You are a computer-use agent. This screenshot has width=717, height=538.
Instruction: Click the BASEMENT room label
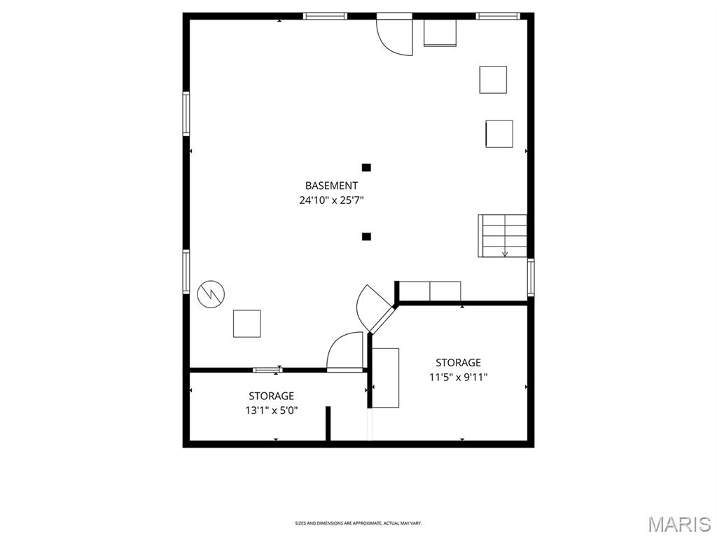pyautogui.click(x=331, y=186)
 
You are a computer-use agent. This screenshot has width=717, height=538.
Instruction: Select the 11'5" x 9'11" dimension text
pyautogui.click(x=458, y=378)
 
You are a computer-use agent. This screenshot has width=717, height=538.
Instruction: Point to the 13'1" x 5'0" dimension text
pyautogui.click(x=272, y=411)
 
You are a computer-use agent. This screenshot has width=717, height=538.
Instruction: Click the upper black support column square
pyautogui.click(x=366, y=167)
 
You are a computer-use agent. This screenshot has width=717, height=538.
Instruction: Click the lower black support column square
pyautogui.click(x=366, y=237)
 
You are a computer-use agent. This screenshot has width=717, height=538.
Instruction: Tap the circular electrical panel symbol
pyautogui.click(x=211, y=294)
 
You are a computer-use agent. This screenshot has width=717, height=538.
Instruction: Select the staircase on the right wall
pyautogui.click(x=503, y=235)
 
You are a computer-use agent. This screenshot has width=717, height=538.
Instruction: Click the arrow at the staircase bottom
pyautogui.click(x=505, y=252)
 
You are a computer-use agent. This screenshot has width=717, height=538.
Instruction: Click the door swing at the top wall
pyautogui.click(x=394, y=36)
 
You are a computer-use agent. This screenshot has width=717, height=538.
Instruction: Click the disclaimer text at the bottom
pyautogui.click(x=358, y=523)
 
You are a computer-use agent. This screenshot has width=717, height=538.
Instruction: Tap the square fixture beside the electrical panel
pyautogui.click(x=247, y=324)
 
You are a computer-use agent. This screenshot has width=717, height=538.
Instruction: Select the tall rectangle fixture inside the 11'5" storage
pyautogui.click(x=386, y=378)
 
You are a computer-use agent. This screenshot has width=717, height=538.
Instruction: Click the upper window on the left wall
pyautogui.click(x=186, y=113)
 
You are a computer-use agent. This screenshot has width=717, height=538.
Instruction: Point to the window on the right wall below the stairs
pyautogui.click(x=531, y=277)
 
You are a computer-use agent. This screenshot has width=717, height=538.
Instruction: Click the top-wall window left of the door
pyautogui.click(x=325, y=16)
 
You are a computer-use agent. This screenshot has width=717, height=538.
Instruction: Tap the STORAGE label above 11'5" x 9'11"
pyautogui.click(x=458, y=363)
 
